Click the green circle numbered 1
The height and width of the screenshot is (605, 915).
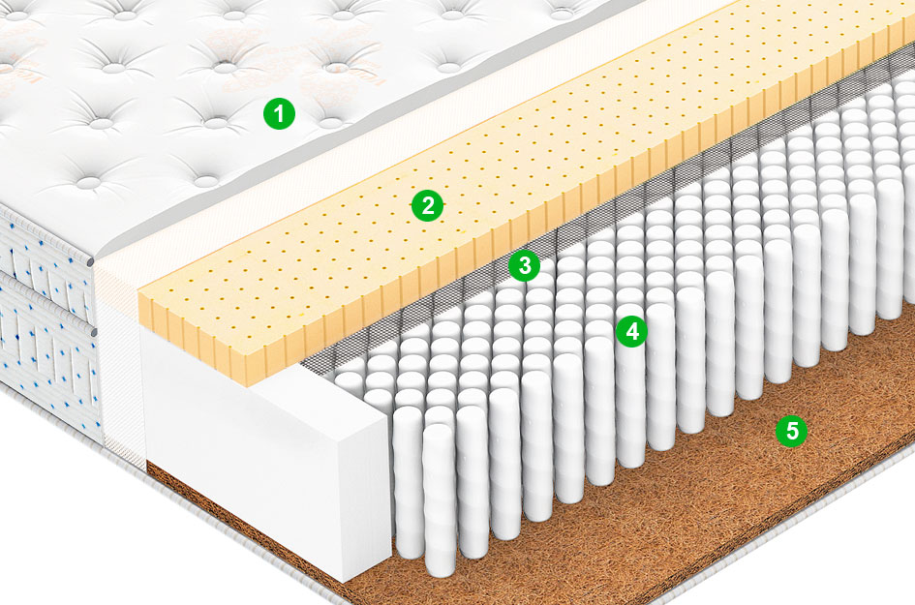tap(279, 113)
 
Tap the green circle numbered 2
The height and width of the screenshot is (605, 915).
tap(427, 205)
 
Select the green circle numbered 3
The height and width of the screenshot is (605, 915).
tap(524, 265)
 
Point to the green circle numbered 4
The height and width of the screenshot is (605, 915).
tap(631, 331)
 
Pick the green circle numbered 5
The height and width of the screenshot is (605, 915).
tap(791, 431)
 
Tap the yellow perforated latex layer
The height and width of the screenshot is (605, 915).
tap(525, 175)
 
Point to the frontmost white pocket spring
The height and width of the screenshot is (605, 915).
tap(440, 499)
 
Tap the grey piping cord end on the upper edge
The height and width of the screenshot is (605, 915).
tap(90, 261)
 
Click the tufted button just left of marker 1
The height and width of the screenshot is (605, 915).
tap(215, 123)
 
